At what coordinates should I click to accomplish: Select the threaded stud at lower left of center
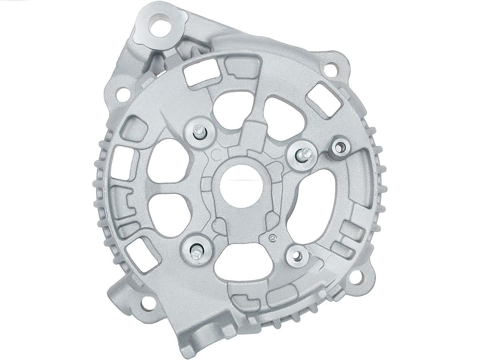196,251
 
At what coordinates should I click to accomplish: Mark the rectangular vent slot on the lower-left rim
141,251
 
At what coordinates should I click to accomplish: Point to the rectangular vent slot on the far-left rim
123,163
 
